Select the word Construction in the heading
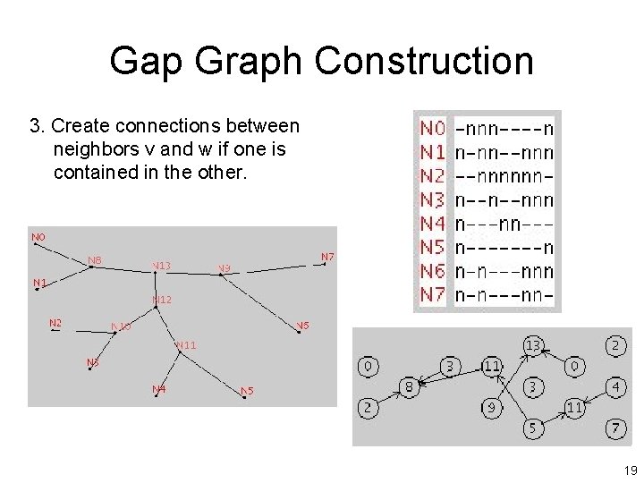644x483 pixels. pos(424,61)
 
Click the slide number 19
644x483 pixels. pos(630,470)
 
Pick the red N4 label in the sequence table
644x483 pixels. pos(433,224)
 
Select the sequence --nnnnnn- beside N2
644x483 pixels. pos(504,177)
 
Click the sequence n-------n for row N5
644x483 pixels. pos(504,248)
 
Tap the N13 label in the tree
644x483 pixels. pos(161,266)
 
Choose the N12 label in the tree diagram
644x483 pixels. pos(162,300)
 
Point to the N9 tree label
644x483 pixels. pos(224,267)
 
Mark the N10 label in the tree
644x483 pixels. pos(121,326)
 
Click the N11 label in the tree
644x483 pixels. pos(186,344)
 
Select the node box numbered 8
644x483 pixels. pos(409,387)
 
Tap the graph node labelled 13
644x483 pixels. pos(533,344)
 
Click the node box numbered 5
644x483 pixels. pos(532,428)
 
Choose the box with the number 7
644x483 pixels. pos(614,428)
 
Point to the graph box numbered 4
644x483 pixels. pos(614,387)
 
